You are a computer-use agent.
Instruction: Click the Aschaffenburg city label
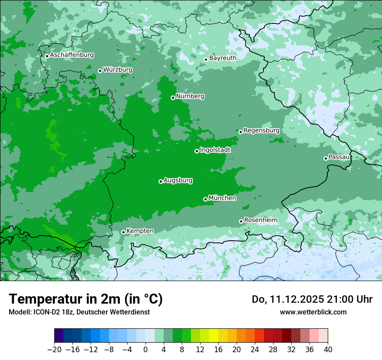72,55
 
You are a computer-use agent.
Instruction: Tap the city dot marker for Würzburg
100,71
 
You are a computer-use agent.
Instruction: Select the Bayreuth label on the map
223,58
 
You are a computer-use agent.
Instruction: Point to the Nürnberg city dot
173,98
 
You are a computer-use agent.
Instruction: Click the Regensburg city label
261,130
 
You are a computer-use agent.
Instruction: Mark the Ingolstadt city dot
197,151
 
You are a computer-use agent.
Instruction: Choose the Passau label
339,157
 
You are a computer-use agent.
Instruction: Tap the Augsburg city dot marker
161,181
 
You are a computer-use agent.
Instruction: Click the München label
222,198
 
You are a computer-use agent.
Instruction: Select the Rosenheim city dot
241,221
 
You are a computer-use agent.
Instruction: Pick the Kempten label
140,231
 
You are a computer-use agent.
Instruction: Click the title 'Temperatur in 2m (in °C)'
86,299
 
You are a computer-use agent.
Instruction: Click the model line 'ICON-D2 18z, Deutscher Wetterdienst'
79,312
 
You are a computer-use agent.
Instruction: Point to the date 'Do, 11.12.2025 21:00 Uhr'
312,299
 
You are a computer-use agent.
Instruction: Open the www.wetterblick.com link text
313,312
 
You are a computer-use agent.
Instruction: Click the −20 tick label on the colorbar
54,350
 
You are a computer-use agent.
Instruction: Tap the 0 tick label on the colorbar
145,350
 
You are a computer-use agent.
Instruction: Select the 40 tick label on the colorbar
328,350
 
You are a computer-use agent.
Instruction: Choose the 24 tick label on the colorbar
255,350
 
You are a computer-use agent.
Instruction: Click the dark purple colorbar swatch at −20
59,336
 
